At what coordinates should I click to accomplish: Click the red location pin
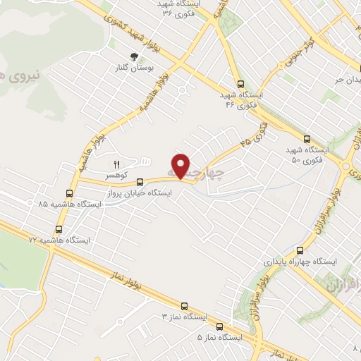pyautogui.click(x=181, y=166)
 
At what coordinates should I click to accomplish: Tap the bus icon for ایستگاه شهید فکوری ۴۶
pyautogui.click(x=242, y=82)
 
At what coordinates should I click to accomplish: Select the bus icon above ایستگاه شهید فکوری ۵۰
pyautogui.click(x=305, y=139)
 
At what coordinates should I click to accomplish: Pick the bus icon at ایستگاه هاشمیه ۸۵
pyautogui.click(x=69, y=192)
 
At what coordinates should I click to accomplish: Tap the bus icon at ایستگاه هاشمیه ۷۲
pyautogui.click(x=59, y=229)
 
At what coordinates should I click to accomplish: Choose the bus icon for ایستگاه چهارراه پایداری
pyautogui.click(x=300, y=250)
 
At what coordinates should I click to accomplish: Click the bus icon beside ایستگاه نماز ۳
pyautogui.click(x=184, y=306)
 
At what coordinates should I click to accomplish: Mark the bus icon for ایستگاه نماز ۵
pyautogui.click(x=219, y=326)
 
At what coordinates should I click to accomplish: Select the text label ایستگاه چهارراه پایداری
pyautogui.click(x=300, y=261)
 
